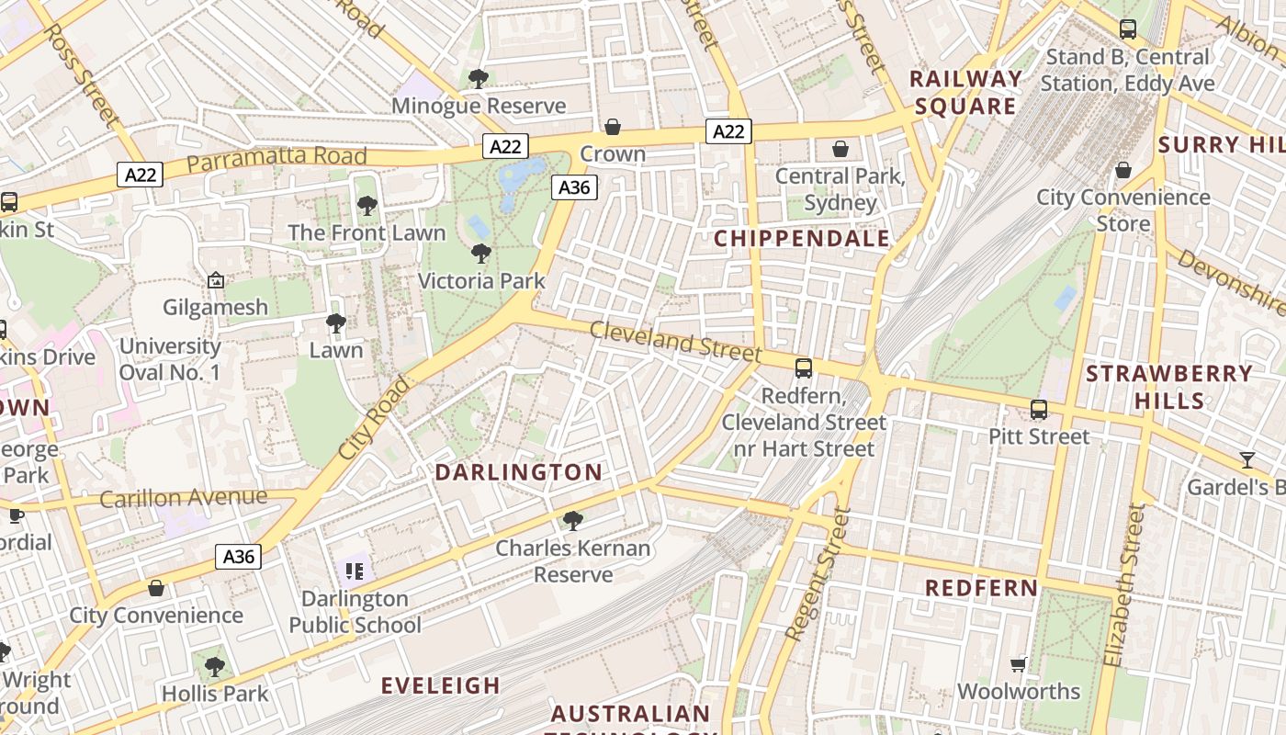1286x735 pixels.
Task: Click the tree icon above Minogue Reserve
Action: pyautogui.click(x=478, y=79)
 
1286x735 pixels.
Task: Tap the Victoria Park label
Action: pyautogui.click(x=481, y=280)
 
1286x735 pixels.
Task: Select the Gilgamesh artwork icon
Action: pyautogui.click(x=216, y=280)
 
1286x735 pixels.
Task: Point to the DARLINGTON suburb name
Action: pyautogui.click(x=518, y=472)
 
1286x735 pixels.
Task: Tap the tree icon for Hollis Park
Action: pyautogui.click(x=215, y=666)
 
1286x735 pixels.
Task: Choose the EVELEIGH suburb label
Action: pyautogui.click(x=441, y=685)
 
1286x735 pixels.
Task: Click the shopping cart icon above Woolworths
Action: pyautogui.click(x=1018, y=664)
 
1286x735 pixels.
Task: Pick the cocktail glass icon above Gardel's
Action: pyautogui.click(x=1247, y=459)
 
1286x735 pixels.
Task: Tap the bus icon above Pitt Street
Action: pyautogui.click(x=1039, y=410)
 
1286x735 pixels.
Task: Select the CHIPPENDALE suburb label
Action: pyautogui.click(x=802, y=239)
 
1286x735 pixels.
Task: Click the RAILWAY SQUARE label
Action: pyautogui.click(x=965, y=93)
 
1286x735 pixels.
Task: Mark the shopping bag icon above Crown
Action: pyautogui.click(x=613, y=127)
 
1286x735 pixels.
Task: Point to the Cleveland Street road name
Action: pyautogui.click(x=675, y=341)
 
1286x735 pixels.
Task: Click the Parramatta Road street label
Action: pyautogui.click(x=276, y=159)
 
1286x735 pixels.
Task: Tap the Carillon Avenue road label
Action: pyautogui.click(x=184, y=498)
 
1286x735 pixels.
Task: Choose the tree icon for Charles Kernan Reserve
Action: pyautogui.click(x=573, y=521)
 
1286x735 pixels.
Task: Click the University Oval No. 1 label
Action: pyautogui.click(x=170, y=359)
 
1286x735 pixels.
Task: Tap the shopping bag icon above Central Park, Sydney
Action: pyautogui.click(x=840, y=149)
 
